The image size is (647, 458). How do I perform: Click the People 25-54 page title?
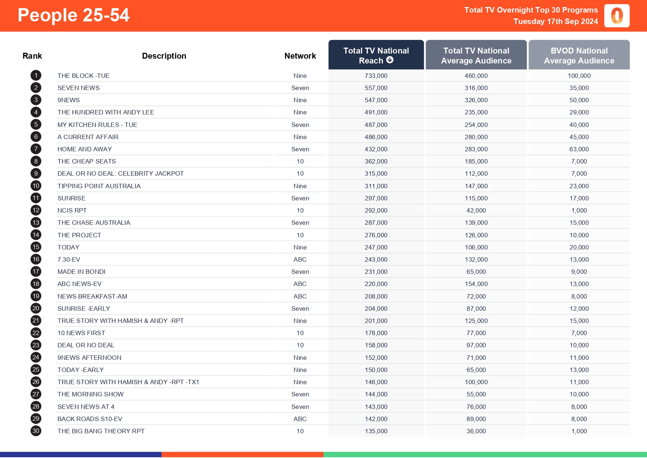tap(73, 16)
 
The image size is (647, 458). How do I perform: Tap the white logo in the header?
tap(617, 16)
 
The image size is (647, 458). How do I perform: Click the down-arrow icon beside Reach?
tap(390, 60)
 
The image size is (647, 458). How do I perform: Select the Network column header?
tap(300, 56)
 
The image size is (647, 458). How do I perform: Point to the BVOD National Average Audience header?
tap(579, 55)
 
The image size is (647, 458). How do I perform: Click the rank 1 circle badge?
tap(36, 76)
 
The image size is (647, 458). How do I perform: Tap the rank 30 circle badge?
tap(36, 431)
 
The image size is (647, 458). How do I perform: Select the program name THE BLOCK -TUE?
tap(83, 76)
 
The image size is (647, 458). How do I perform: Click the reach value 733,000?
tap(376, 76)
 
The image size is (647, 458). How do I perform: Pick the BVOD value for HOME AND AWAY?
tap(579, 149)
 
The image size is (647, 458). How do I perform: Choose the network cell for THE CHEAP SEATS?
tap(300, 161)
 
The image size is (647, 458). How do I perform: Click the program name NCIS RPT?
tap(72, 210)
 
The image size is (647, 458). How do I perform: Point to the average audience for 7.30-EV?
tap(476, 259)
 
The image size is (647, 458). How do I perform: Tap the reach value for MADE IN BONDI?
tap(376, 272)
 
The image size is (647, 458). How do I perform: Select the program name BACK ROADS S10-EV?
tap(90, 419)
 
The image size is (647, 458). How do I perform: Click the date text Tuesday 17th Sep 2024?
tap(556, 21)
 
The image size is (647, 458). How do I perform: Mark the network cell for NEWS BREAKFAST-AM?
tap(300, 296)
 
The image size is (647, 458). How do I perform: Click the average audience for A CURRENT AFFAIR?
tap(476, 137)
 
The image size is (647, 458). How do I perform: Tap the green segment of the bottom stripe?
tap(485, 455)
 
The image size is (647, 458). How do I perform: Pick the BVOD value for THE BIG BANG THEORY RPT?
tap(579, 431)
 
